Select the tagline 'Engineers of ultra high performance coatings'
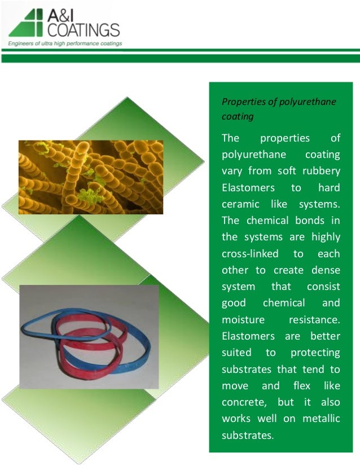coord(64,43)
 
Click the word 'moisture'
coord(243,319)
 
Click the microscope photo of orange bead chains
coord(90,177)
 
